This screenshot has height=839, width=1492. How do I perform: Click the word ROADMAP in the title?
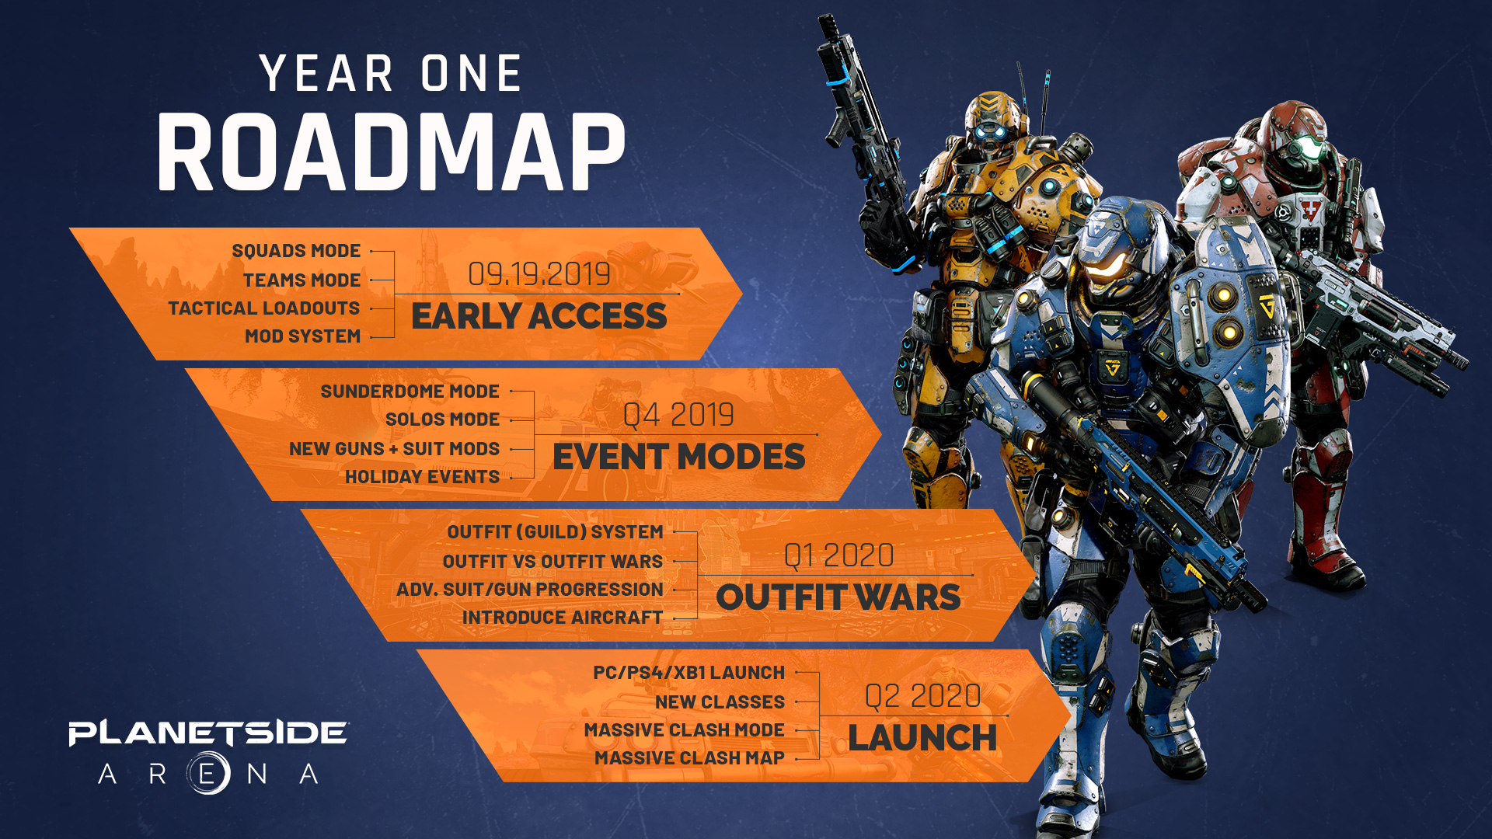pos(391,152)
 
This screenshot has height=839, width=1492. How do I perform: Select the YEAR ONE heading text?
pos(391,74)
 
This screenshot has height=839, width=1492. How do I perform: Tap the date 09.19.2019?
pos(539,274)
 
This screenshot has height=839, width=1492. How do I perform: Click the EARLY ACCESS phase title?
pos(539,316)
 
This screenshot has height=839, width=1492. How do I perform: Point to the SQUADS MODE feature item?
pos(296,251)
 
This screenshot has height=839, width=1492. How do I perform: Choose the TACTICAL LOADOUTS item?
pos(264,308)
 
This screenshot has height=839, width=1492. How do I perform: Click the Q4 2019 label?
pos(678,415)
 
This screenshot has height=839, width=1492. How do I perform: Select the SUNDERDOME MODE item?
pos(410,392)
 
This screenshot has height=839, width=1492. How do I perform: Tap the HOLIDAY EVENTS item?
pos(422,477)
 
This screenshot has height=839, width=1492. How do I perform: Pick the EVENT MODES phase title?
pos(678,457)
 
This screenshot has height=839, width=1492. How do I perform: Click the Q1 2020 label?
pos(838,555)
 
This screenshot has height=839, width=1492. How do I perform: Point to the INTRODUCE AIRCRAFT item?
pos(563,618)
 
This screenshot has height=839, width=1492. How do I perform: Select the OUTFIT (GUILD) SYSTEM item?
pos(555,532)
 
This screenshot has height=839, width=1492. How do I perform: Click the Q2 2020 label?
pos(922,696)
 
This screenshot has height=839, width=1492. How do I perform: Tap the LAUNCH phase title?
pos(922,738)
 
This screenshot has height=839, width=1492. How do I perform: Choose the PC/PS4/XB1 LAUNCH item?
pos(688,673)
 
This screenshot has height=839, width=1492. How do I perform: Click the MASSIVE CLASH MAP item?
pos(689,758)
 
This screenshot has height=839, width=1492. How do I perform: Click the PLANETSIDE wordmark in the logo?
pos(208,733)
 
